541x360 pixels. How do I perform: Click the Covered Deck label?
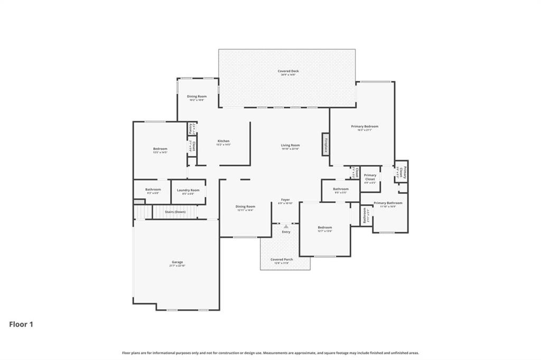pyautogui.click(x=288, y=71)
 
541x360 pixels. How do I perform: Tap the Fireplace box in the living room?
pyautogui.click(x=327, y=144)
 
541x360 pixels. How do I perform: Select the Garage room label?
pyautogui.click(x=176, y=262)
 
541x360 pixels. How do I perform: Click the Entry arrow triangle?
pyautogui.click(x=286, y=226)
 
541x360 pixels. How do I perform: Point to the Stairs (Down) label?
pyautogui.click(x=175, y=212)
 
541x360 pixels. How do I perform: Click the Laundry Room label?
pyautogui.click(x=188, y=190)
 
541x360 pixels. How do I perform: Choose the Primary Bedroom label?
pyautogui.click(x=365, y=127)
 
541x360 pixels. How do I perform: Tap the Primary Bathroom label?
pyautogui.click(x=388, y=203)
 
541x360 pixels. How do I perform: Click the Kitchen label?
pyautogui.click(x=223, y=141)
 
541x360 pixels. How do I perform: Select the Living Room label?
pyautogui.click(x=291, y=146)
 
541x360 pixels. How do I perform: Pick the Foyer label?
pyautogui.click(x=285, y=200)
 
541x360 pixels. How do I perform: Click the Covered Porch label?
pyautogui.click(x=282, y=260)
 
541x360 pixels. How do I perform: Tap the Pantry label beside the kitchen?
pyautogui.click(x=190, y=128)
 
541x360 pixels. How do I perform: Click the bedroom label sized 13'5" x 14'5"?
pyautogui.click(x=160, y=149)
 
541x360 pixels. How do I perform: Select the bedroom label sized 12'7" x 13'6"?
pyautogui.click(x=324, y=228)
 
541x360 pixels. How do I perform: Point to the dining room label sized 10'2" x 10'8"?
pyautogui.click(x=197, y=97)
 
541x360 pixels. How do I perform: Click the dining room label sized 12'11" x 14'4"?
pyautogui.click(x=245, y=207)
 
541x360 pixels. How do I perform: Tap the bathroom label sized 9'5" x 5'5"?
pyautogui.click(x=341, y=189)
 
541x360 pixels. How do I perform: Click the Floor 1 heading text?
pyautogui.click(x=21, y=324)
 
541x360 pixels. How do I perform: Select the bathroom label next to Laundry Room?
pyautogui.click(x=153, y=190)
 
